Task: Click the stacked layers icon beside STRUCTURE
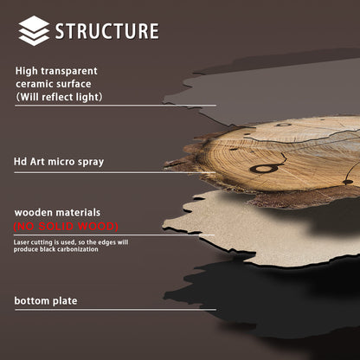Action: [x=34, y=30]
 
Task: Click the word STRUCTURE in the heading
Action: [x=106, y=31]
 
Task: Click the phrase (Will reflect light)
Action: [x=60, y=97]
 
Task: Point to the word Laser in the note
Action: [x=23, y=241]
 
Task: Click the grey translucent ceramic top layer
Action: [x=260, y=87]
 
